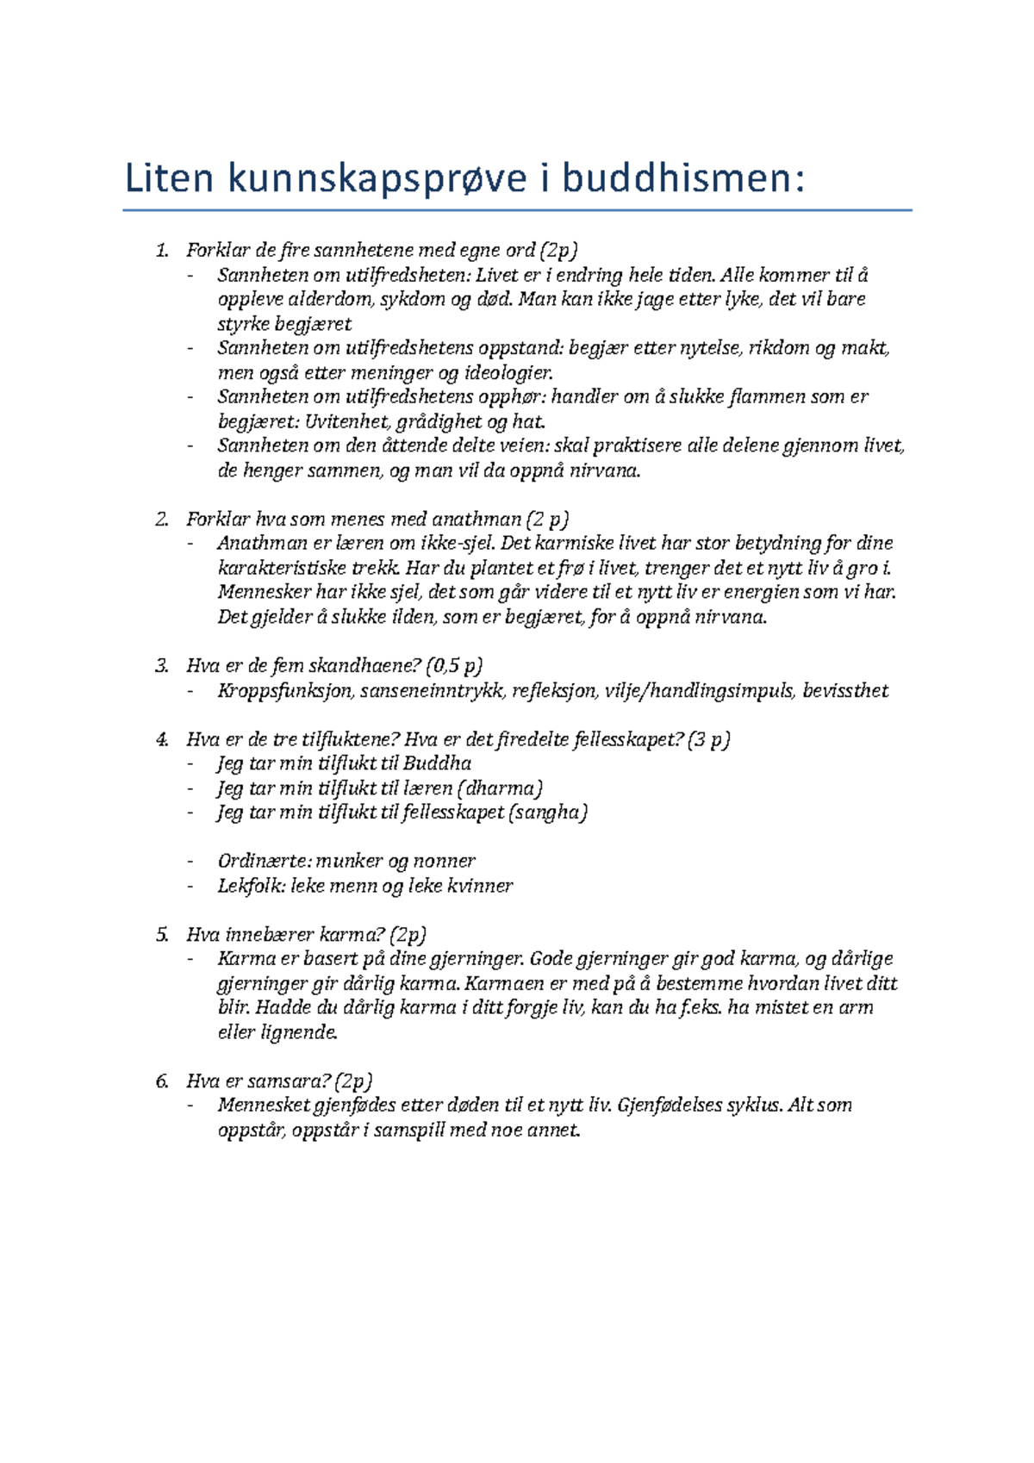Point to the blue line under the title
517,209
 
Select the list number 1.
161,251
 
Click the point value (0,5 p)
454,666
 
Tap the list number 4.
161,740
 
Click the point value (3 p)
708,740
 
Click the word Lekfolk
251,886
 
